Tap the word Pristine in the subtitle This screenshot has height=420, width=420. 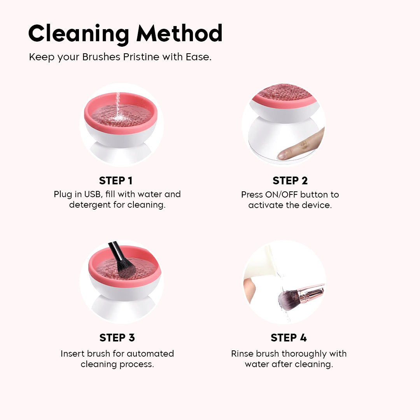coord(141,57)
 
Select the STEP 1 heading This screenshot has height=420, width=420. coord(116,180)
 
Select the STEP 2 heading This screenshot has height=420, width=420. coord(290,180)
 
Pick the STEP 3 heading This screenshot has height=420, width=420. coord(117,338)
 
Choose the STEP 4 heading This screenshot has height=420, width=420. coord(289,338)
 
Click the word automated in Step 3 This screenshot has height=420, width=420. coord(150,353)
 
